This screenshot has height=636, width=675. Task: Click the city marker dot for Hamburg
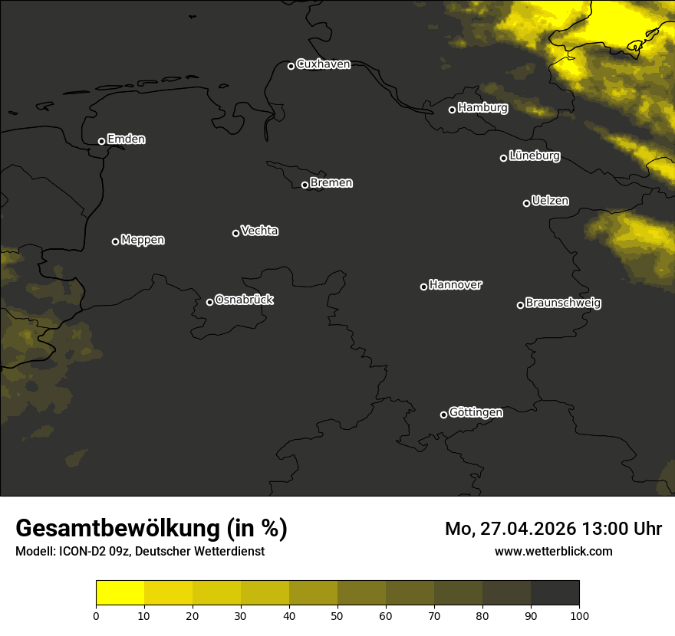(x=452, y=110)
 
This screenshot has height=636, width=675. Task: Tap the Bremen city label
(x=331, y=183)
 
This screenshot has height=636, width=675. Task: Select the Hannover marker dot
(x=423, y=287)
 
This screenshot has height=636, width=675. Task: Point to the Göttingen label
(x=476, y=412)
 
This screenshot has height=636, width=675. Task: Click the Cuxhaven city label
(x=323, y=64)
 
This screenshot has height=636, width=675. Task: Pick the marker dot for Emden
(x=101, y=141)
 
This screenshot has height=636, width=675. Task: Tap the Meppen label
(x=143, y=240)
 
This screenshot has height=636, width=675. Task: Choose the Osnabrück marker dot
(x=209, y=302)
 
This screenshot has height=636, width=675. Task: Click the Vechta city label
(x=259, y=231)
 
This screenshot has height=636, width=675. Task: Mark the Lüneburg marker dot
(x=503, y=158)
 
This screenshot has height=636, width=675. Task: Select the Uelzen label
(x=550, y=201)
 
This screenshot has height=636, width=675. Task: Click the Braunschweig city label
(x=563, y=303)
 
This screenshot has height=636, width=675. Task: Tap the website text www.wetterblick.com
(x=554, y=552)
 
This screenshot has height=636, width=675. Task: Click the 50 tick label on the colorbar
(x=337, y=615)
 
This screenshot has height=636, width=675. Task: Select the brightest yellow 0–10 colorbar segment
(x=120, y=593)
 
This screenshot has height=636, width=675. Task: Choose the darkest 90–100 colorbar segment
(x=555, y=593)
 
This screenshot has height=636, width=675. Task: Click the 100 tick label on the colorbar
(x=579, y=615)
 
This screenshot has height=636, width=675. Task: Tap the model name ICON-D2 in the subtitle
(x=82, y=552)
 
